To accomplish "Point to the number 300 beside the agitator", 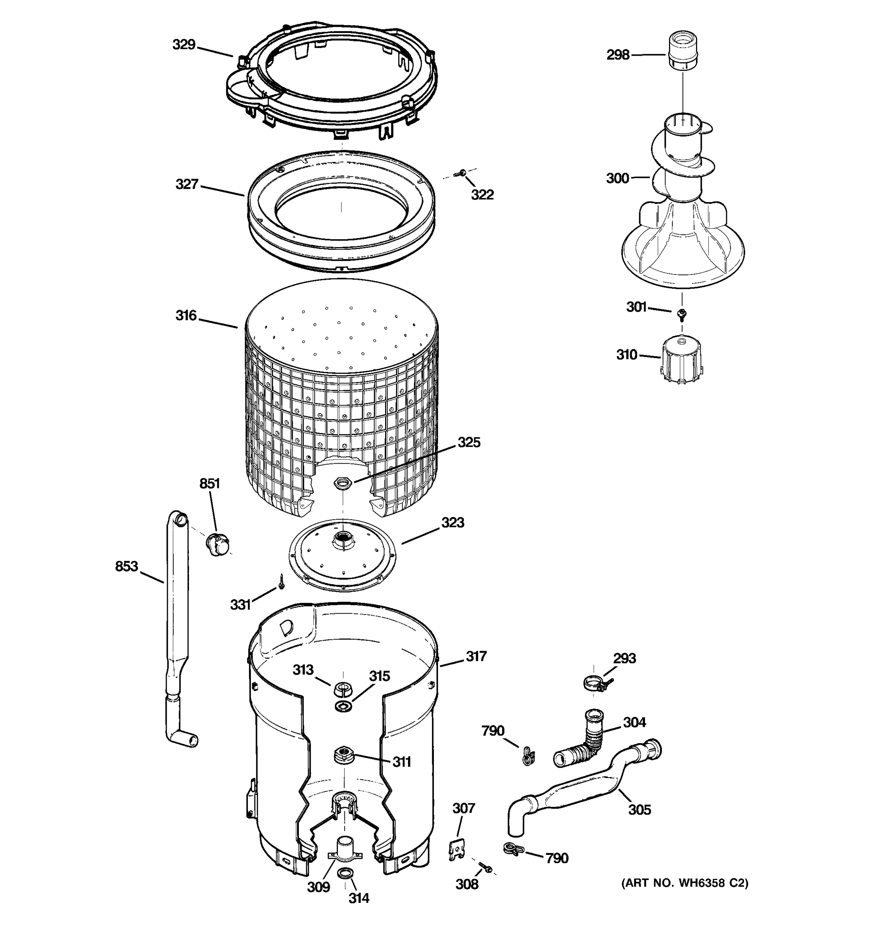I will pos(617,178).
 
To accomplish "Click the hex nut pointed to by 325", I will pos(343,482).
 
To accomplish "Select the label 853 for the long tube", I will pos(126,566).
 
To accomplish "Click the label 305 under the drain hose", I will pos(639,809).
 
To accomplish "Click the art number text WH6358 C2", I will pos(684,883).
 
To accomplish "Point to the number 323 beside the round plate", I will pos(452,522).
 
